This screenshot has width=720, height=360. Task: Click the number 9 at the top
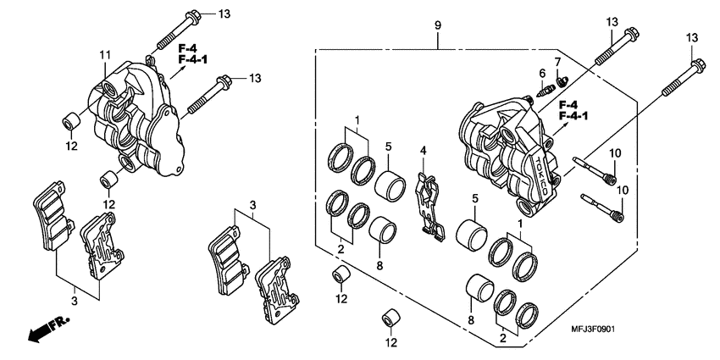pyautogui.click(x=438, y=26)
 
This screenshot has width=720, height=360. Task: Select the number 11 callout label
pyautogui.click(x=104, y=56)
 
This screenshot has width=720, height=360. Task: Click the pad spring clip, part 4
pyautogui.click(x=431, y=203)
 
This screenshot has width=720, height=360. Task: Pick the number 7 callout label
pyautogui.click(x=557, y=63)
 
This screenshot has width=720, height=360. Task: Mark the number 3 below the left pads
pyautogui.click(x=74, y=300)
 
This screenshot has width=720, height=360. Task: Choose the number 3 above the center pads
pyautogui.click(x=252, y=206)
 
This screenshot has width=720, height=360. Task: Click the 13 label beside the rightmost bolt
pyautogui.click(x=692, y=38)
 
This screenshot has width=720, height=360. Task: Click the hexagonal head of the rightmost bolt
pyautogui.click(x=696, y=64)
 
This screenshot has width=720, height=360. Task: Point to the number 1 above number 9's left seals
pyautogui.click(x=358, y=119)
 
